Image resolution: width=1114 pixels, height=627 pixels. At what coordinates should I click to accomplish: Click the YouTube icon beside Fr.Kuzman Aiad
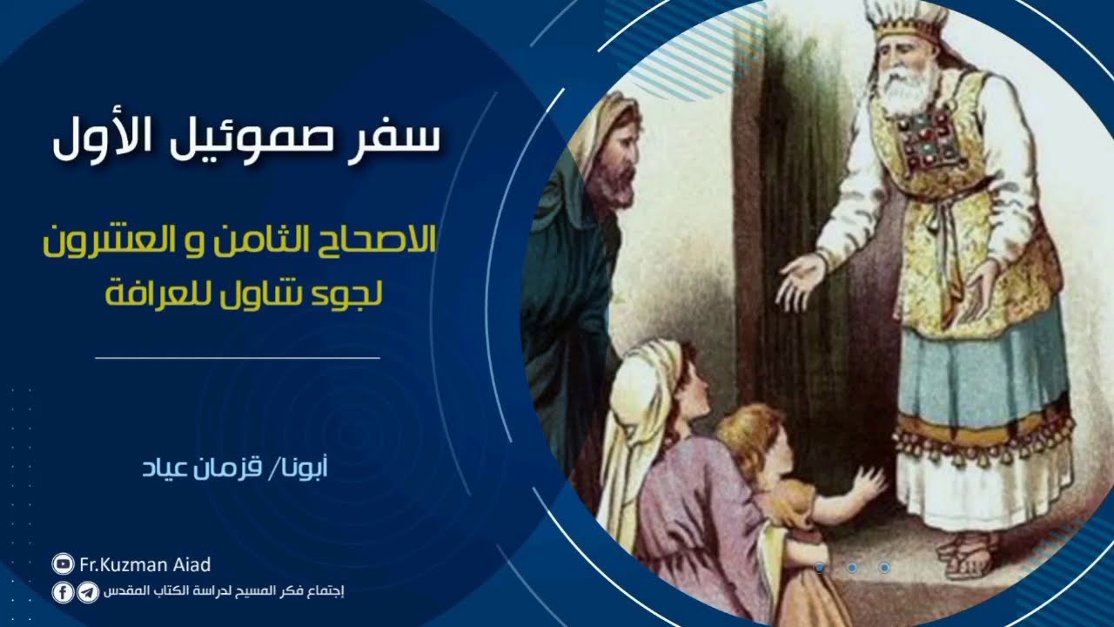point(64,565)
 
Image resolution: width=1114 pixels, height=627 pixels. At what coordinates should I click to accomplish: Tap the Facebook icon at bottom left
point(64,593)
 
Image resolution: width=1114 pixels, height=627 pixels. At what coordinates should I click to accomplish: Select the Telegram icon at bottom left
point(87,593)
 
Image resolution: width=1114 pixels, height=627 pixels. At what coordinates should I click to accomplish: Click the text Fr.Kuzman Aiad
point(145,565)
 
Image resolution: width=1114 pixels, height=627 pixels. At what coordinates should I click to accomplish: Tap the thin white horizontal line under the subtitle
point(238,357)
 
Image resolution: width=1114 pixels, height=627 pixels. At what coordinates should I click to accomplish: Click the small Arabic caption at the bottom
point(225,593)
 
